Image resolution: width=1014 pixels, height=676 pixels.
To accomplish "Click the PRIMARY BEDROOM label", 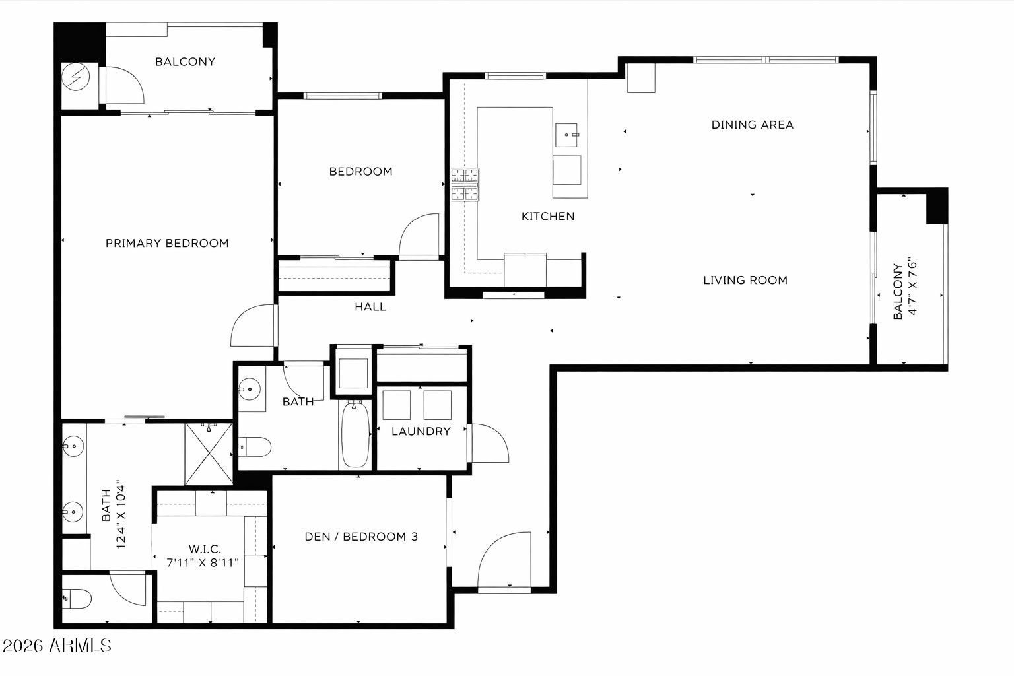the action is click(x=167, y=243).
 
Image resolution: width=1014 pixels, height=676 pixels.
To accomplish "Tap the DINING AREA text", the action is click(x=753, y=125).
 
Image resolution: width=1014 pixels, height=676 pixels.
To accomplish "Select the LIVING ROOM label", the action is click(x=745, y=281).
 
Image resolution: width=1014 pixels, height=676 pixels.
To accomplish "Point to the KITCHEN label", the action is click(x=548, y=217).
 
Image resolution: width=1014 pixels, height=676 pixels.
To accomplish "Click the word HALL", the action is click(x=370, y=307).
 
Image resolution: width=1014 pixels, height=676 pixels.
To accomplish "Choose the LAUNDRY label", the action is click(x=421, y=432).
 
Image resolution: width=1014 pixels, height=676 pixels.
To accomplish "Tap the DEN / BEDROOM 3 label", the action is click(x=361, y=537).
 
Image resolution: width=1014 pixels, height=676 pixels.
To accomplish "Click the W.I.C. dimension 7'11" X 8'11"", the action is click(x=203, y=563).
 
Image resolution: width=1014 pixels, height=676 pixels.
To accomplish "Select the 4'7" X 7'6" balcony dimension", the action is click(x=912, y=288).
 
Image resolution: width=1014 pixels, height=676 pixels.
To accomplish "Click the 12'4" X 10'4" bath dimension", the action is click(x=120, y=514).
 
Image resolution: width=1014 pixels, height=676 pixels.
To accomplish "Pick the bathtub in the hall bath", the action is click(x=355, y=434).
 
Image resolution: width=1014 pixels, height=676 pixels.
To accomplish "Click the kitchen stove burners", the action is click(x=465, y=184).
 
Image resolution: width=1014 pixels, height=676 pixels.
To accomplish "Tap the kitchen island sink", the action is click(x=566, y=135).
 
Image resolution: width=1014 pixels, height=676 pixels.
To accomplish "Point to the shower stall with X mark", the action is click(x=209, y=454).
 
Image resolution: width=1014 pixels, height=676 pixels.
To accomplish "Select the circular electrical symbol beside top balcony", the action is click(x=76, y=77).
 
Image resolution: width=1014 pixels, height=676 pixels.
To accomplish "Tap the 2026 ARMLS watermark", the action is click(x=57, y=646).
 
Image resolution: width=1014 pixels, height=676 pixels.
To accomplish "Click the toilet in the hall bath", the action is click(x=254, y=448).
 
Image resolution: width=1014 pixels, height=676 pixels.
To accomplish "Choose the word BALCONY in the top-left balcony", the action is click(x=185, y=62).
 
